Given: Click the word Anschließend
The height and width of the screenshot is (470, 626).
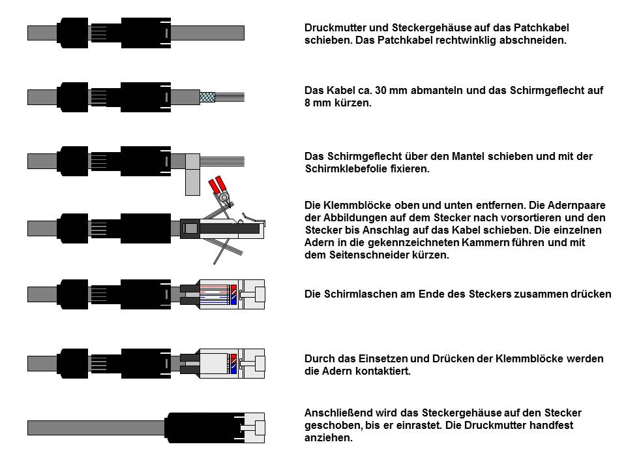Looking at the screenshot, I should (x=337, y=413).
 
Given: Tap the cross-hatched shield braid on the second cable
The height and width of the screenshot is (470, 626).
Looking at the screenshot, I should (x=208, y=96).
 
